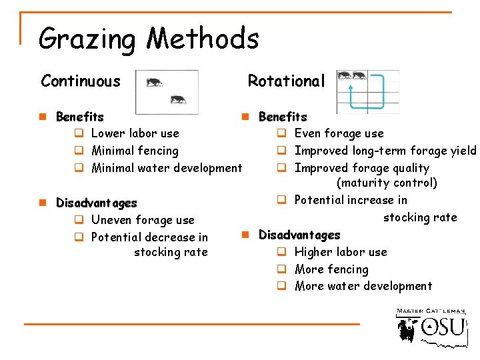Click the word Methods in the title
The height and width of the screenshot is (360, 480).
pos(203,39)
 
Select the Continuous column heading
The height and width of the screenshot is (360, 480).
pos(81,81)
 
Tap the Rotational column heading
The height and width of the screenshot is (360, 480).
pos(286,81)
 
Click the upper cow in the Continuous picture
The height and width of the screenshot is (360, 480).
pos(154,83)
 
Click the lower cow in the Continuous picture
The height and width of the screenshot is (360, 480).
pos(177,99)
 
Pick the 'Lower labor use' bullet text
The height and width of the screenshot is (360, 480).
pos(135,133)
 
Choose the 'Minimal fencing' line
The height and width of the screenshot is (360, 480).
pos(135,151)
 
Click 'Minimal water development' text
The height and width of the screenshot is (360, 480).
pos(167,167)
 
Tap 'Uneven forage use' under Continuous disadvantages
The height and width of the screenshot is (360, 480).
pos(143,220)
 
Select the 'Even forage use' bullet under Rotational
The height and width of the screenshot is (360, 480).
pos(339,133)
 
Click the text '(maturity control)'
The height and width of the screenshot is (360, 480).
pos(387,183)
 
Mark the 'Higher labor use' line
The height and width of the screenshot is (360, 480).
pos(340,252)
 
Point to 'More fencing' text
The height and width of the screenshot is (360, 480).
pos(331,269)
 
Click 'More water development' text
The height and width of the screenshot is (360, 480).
pos(363,286)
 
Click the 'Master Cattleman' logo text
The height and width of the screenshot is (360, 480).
pos(431,311)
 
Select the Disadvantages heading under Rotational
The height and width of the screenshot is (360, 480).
pos(299,235)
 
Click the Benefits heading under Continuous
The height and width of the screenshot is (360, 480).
pos(80,117)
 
